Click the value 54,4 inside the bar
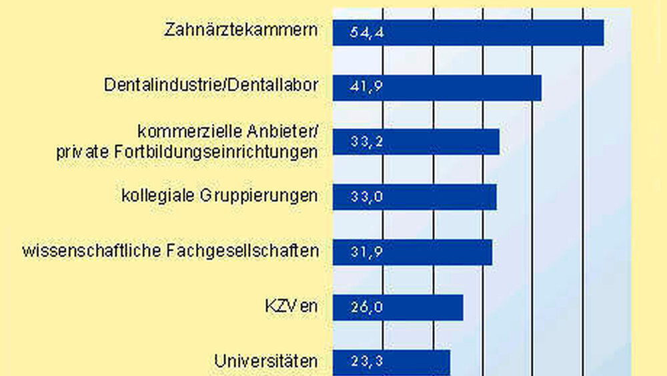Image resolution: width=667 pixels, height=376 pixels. click(367, 33)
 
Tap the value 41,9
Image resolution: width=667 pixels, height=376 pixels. click(367, 87)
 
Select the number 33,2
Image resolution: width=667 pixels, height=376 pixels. click(367, 142)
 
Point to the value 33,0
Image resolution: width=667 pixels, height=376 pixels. click(367, 197)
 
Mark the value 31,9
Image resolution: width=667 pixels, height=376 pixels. click(367, 252)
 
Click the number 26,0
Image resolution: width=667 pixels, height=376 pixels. click(367, 307)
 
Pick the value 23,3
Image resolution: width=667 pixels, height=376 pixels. click(367, 362)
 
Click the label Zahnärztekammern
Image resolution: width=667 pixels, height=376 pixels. click(240, 30)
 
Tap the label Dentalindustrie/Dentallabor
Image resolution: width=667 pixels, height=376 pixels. click(211, 85)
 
